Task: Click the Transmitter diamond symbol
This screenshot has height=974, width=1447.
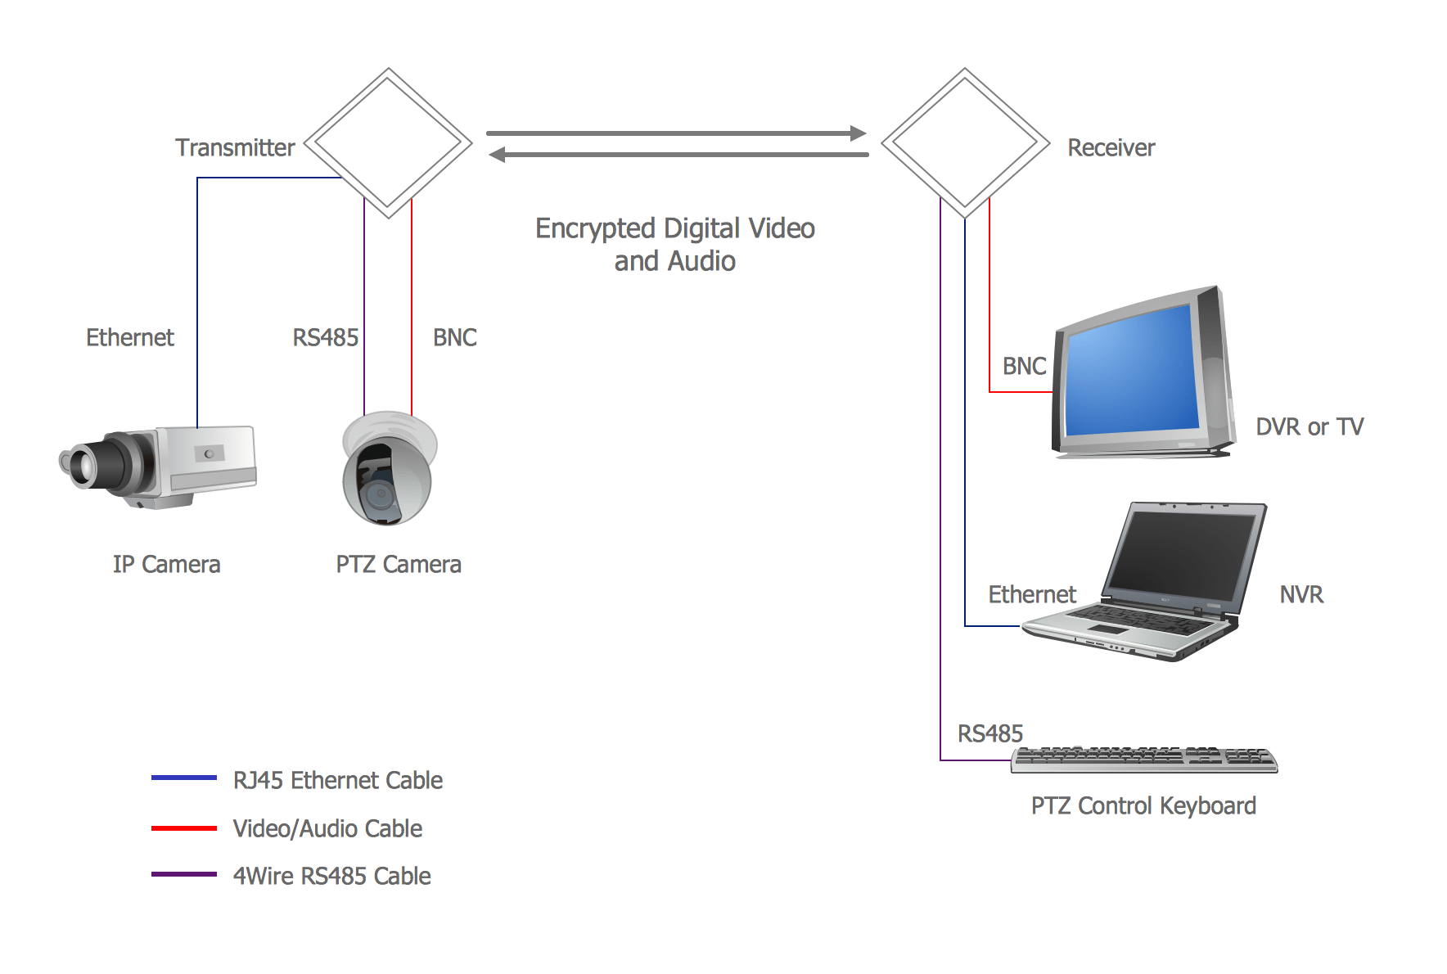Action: click(x=389, y=143)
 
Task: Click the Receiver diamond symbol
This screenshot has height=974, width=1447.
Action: click(x=965, y=143)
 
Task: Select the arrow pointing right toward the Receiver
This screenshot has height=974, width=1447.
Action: click(x=675, y=133)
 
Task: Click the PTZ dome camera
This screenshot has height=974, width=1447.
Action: click(x=388, y=471)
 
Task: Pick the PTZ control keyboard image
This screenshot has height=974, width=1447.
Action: click(x=1143, y=760)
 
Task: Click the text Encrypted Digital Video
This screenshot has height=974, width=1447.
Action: click(x=674, y=228)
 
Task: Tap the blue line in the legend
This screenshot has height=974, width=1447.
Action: click(x=183, y=778)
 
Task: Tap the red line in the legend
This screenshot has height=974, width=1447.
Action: click(x=183, y=828)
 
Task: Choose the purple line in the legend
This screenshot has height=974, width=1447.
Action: click(x=183, y=875)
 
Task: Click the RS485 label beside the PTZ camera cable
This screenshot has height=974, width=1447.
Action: click(x=325, y=337)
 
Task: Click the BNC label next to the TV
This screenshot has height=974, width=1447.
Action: click(x=1024, y=366)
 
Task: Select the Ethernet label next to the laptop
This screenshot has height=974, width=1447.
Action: click(x=1031, y=594)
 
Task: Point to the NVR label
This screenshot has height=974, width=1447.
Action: click(x=1300, y=594)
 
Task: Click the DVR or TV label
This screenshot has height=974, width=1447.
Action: click(x=1309, y=426)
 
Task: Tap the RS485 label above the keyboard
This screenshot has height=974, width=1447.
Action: click(x=989, y=733)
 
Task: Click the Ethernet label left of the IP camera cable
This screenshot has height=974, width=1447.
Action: click(x=129, y=337)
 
